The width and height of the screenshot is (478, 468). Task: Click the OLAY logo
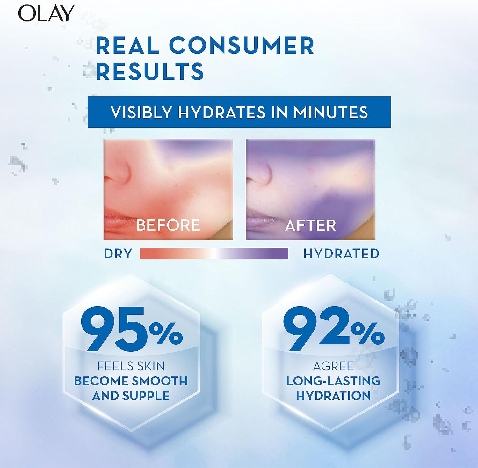pyautogui.click(x=46, y=13)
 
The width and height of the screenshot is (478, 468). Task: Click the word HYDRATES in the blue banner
pyautogui.click(x=222, y=112)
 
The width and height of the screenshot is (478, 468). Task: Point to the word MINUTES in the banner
pyautogui.click(x=331, y=112)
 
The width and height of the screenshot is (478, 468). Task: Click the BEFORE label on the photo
pyautogui.click(x=168, y=225)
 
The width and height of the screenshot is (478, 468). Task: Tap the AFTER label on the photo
pyautogui.click(x=311, y=225)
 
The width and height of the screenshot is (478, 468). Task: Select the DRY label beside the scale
pyautogui.click(x=118, y=254)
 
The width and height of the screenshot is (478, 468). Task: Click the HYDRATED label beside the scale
pyautogui.click(x=341, y=254)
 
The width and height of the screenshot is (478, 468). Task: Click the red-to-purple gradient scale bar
pyautogui.click(x=214, y=254)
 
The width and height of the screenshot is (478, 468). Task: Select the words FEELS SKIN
pyautogui.click(x=131, y=366)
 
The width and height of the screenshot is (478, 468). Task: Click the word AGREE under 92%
pyautogui.click(x=333, y=366)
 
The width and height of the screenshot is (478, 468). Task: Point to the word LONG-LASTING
pyautogui.click(x=333, y=381)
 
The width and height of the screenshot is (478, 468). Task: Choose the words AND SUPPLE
pyautogui.click(x=131, y=396)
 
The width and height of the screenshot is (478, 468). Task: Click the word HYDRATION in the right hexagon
pyautogui.click(x=333, y=396)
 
